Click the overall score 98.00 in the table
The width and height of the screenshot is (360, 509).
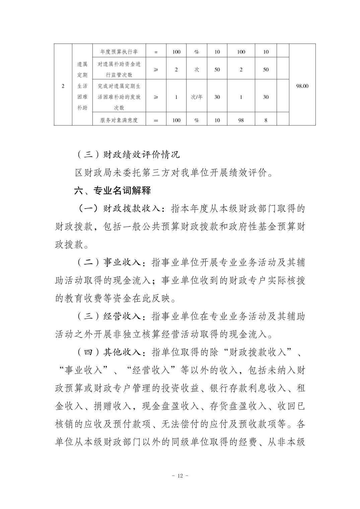click(302, 86)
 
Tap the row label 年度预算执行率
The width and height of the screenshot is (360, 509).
click(119, 52)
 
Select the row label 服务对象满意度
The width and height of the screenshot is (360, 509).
click(119, 120)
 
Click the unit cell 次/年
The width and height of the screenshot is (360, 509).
click(197, 97)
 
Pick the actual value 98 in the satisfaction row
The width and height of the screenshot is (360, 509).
click(241, 120)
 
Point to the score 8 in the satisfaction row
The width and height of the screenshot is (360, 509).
click(266, 120)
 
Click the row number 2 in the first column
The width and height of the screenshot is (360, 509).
click(63, 86)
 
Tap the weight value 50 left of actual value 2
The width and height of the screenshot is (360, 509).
click(217, 70)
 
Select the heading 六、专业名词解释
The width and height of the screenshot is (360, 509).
click(113, 191)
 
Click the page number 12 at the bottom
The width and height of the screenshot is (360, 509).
click(180, 476)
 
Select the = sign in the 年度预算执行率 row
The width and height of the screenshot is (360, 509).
click(156, 52)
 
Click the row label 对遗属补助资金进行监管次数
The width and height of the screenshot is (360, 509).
click(119, 70)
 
